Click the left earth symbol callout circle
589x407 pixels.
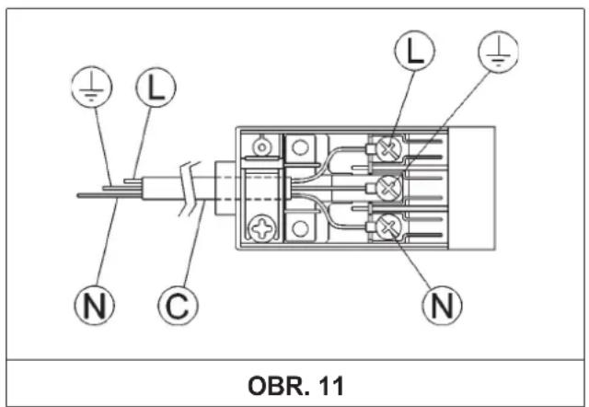pos(91,87)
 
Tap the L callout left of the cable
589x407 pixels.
pos(156,87)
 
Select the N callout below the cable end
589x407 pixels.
pos(94,305)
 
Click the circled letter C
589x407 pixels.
pos(178,305)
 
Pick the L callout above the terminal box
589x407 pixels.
pos(414,51)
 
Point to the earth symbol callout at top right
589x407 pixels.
pos(498,51)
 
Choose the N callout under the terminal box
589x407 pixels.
pos(442,305)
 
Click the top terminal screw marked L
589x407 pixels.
pos(388,147)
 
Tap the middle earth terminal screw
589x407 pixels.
pos(388,187)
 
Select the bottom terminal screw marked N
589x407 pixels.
pos(388,227)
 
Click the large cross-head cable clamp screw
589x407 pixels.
pos(262,228)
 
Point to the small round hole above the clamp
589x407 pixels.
pos(261,146)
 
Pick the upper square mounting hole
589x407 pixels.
pos(300,147)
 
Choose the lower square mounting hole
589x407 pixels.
pos(300,227)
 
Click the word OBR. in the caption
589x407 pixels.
pos(280,386)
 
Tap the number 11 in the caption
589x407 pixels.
pos(331,386)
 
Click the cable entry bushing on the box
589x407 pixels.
pos(225,188)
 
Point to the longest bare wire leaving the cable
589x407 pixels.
pos(110,195)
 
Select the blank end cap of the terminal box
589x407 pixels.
pos(471,188)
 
